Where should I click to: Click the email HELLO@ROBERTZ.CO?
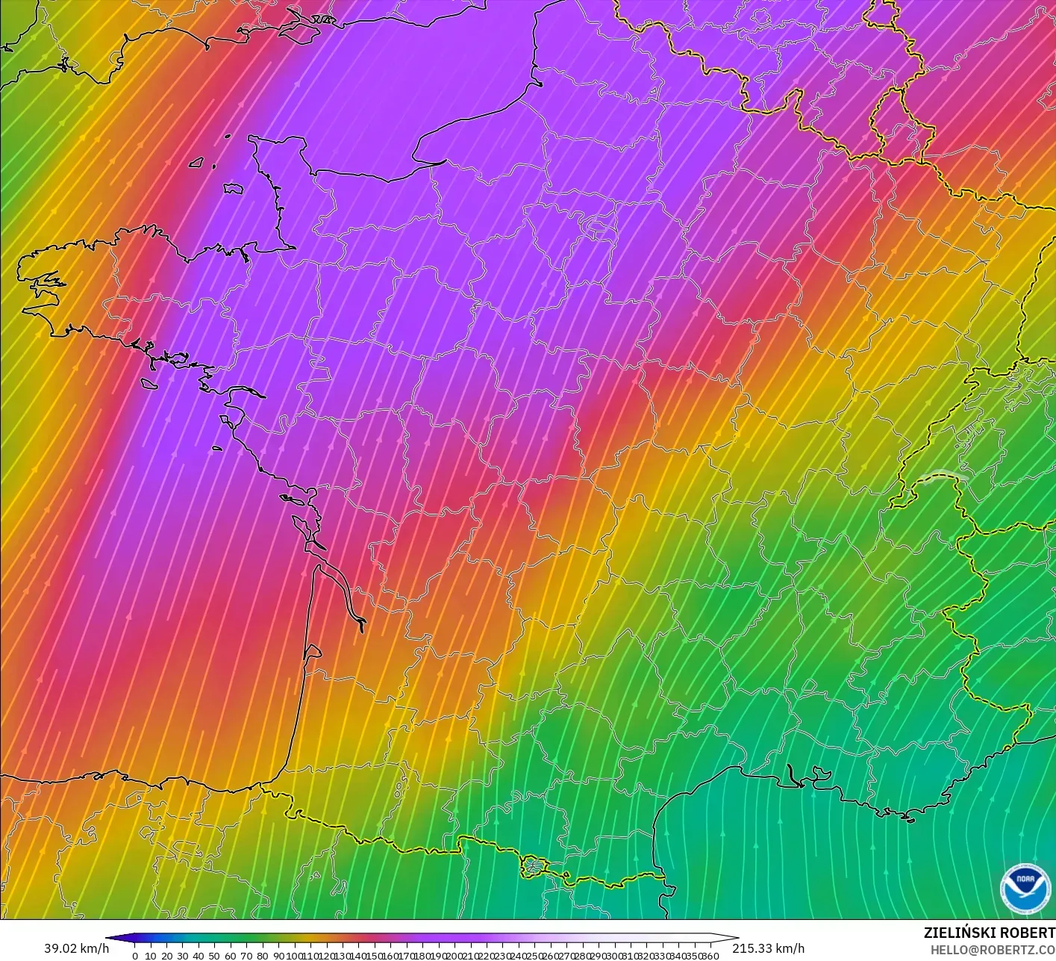point(993,949)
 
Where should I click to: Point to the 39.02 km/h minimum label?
point(76,948)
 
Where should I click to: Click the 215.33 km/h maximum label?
point(768,948)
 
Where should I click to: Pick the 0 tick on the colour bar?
point(135,956)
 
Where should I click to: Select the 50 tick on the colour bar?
point(214,956)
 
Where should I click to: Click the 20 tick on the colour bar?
point(166,956)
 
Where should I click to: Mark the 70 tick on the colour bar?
point(246,956)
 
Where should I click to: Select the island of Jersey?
point(234,190)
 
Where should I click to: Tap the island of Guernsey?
point(197,162)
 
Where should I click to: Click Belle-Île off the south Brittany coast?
point(149,383)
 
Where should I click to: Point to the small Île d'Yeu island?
point(217,448)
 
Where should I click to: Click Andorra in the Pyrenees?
point(534,867)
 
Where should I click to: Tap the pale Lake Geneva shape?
point(942,476)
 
